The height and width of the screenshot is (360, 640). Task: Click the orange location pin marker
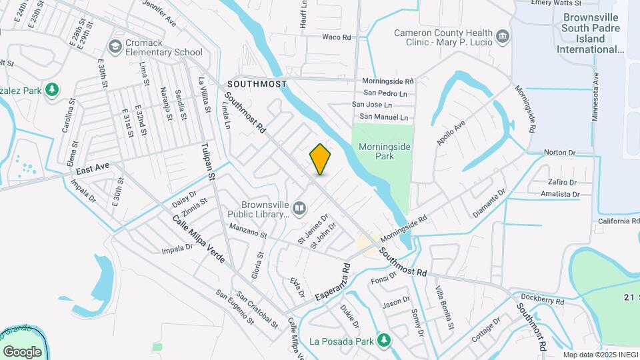(321, 159)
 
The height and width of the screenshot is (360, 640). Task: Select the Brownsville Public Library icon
(299, 209)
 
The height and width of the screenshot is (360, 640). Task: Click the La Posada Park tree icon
(383, 341)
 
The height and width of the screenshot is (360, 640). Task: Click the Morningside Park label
(376, 151)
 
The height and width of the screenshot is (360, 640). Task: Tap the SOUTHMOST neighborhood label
(257, 84)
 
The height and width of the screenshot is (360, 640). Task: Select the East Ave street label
(92, 171)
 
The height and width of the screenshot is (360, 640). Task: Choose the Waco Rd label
(336, 37)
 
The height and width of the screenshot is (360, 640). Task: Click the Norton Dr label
(559, 153)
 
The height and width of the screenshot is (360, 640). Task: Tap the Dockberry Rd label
(543, 301)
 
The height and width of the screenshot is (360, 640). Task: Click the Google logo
(22, 351)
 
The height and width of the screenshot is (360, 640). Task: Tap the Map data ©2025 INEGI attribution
(599, 355)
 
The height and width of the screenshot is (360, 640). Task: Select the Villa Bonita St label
(444, 307)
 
